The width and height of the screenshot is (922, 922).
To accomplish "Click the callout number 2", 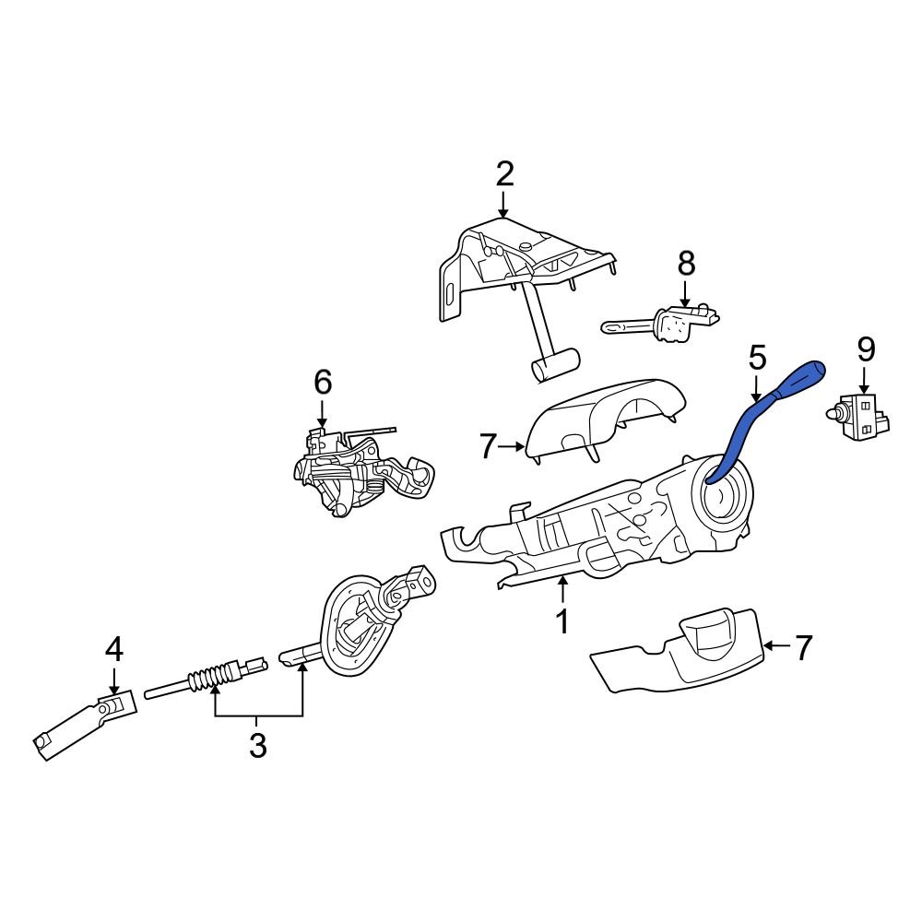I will point(503,173).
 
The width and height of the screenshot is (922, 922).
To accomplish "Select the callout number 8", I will point(686,264).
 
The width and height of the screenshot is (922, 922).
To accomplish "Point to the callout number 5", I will point(756,357).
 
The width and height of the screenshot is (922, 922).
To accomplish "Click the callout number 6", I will point(322,381).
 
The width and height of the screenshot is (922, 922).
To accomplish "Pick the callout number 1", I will point(561,621).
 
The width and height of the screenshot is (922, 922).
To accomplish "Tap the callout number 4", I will point(113,650).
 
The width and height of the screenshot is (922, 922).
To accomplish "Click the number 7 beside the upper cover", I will point(489,447).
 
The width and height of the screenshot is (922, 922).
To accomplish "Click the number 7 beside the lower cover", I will point(804,647).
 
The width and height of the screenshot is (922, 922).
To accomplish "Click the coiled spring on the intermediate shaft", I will point(207,680).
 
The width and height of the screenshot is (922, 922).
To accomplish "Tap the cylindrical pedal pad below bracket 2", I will point(553,365).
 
